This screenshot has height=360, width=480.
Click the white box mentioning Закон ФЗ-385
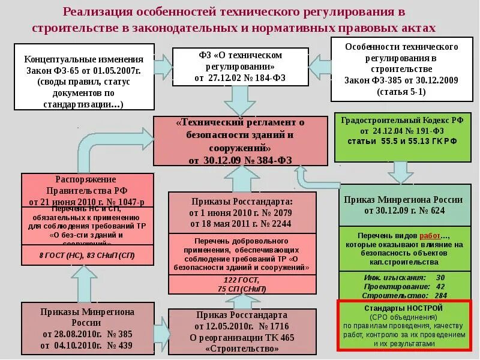402,69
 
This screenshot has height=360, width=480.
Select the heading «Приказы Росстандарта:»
241,202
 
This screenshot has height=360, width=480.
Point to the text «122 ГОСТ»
241,280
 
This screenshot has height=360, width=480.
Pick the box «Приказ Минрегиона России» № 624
402,205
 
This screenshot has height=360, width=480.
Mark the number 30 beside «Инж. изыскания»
440,277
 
